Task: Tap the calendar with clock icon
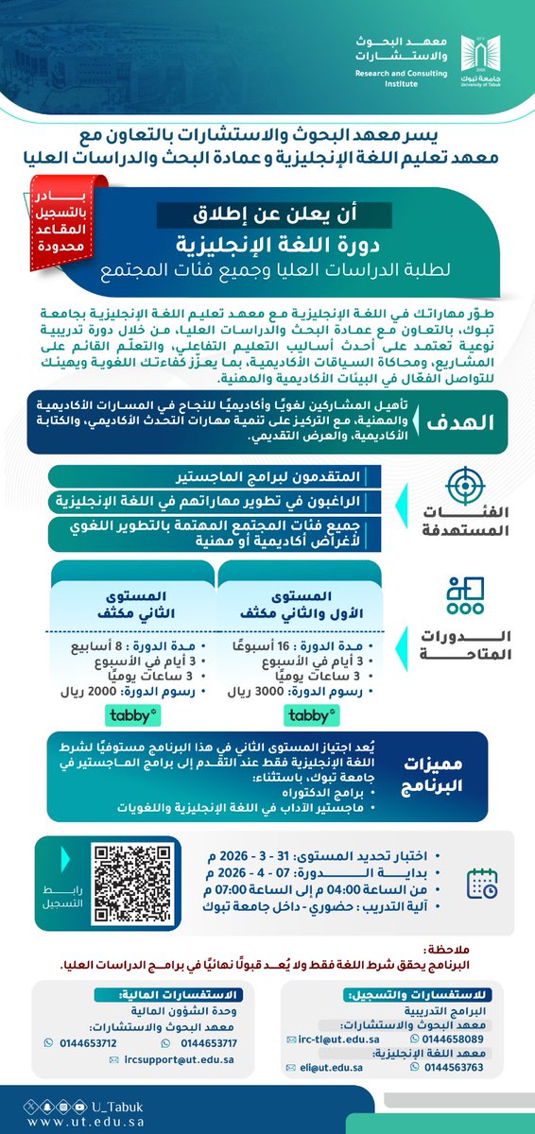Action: pyautogui.click(x=483, y=881)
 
